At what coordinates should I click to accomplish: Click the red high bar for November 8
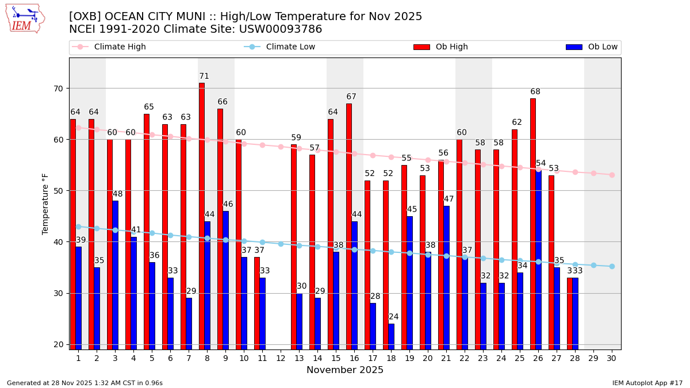coord(202,216)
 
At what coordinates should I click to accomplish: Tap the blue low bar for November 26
coord(539,259)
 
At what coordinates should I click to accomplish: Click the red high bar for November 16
coord(349,226)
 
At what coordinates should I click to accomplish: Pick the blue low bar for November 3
coord(116,274)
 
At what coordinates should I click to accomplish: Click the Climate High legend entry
coord(120,47)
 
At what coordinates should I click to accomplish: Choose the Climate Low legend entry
coord(290,47)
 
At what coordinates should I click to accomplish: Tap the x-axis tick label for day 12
coord(281,358)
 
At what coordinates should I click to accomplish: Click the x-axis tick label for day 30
coord(612,358)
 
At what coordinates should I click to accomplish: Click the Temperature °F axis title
coord(46,203)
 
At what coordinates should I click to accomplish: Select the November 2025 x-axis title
coord(345,370)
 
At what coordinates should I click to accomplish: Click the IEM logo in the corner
coord(25,18)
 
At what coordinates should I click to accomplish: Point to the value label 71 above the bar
coord(204,76)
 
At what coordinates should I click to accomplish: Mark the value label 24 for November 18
coord(393,317)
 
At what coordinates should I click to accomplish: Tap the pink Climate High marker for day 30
coord(612,175)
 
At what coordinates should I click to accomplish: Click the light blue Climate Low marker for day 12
coord(281,244)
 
